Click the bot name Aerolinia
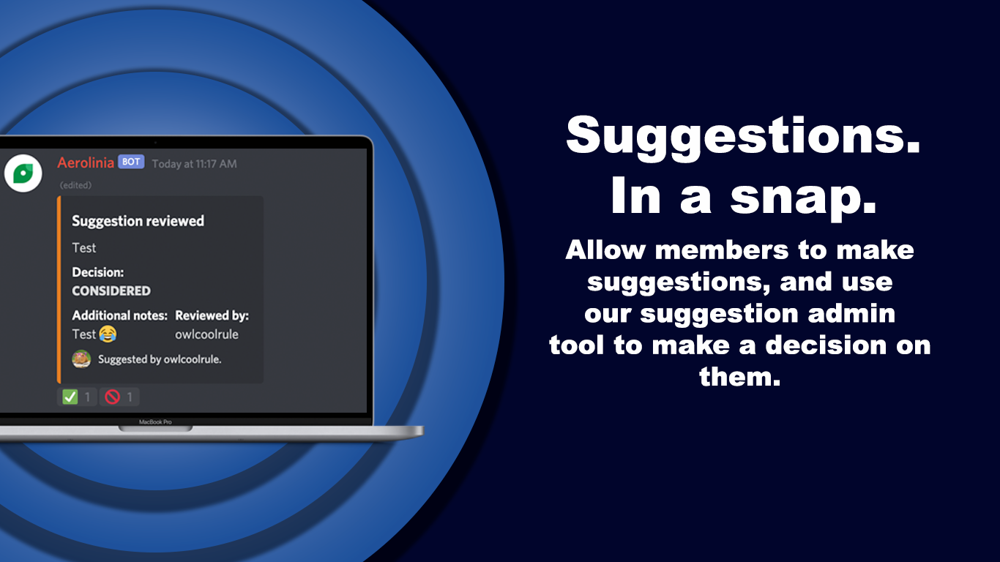86,162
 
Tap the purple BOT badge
131,162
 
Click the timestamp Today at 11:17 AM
194,164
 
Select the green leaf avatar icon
23,173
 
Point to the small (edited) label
75,185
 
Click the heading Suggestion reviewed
138,221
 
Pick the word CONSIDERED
111,291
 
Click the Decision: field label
97,272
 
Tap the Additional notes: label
119,315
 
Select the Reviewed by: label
212,315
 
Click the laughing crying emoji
108,334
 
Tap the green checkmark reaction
70,397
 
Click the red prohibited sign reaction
112,397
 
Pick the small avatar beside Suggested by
81,359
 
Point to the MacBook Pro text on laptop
155,422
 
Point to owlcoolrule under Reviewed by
206,334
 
